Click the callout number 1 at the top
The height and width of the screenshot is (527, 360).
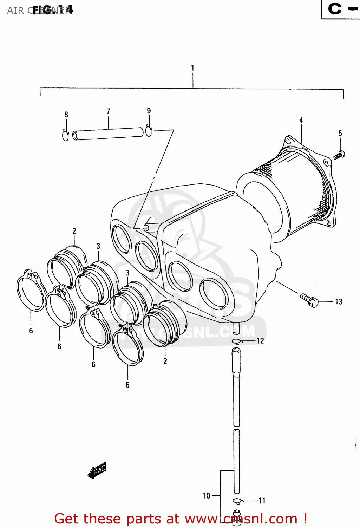click(192, 68)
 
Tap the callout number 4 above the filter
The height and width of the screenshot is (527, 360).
click(301, 120)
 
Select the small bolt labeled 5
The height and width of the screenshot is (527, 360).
click(339, 155)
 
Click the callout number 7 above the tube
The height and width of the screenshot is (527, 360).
click(108, 111)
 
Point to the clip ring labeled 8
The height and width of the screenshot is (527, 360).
click(66, 135)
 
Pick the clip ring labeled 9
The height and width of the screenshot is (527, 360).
click(149, 131)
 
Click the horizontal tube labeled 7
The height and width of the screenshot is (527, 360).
click(108, 134)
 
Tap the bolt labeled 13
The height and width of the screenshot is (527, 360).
click(310, 300)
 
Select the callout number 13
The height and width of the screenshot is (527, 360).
click(338, 302)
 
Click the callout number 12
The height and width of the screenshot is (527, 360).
click(260, 340)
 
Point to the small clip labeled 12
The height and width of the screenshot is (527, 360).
click(236, 341)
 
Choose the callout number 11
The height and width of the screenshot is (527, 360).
click(262, 501)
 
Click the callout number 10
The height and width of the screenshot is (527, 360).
click(207, 496)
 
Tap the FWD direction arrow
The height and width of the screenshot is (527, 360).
click(97, 470)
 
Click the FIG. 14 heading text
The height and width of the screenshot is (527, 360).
click(53, 10)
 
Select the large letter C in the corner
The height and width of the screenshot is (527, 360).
click(335, 9)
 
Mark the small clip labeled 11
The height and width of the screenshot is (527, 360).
click(237, 501)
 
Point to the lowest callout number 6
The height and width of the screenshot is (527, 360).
click(127, 385)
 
